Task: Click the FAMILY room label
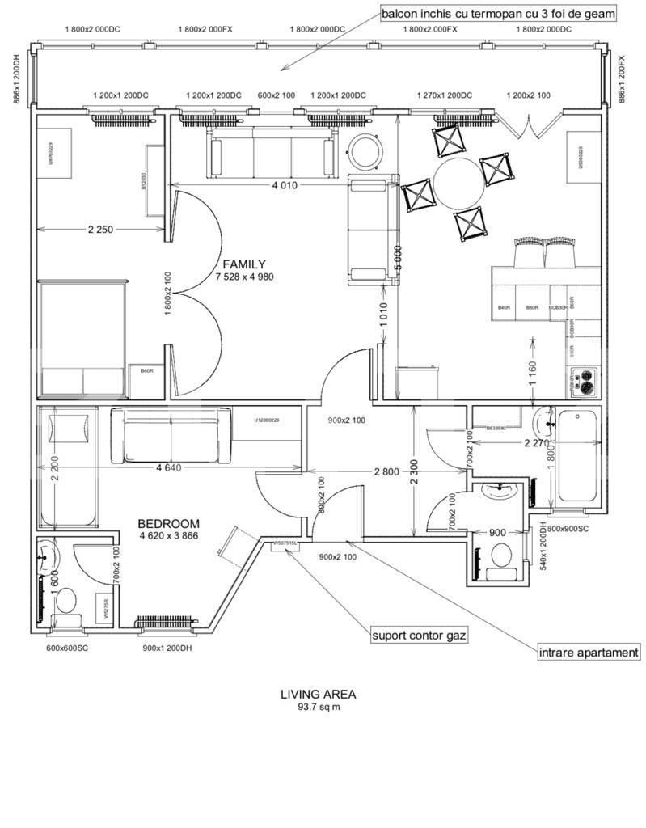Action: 244,264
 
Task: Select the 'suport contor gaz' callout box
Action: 419,635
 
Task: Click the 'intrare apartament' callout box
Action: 590,652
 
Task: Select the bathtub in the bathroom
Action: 578,458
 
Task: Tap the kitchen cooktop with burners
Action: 584,380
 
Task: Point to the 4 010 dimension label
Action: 284,185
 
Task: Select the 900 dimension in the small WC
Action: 499,533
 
